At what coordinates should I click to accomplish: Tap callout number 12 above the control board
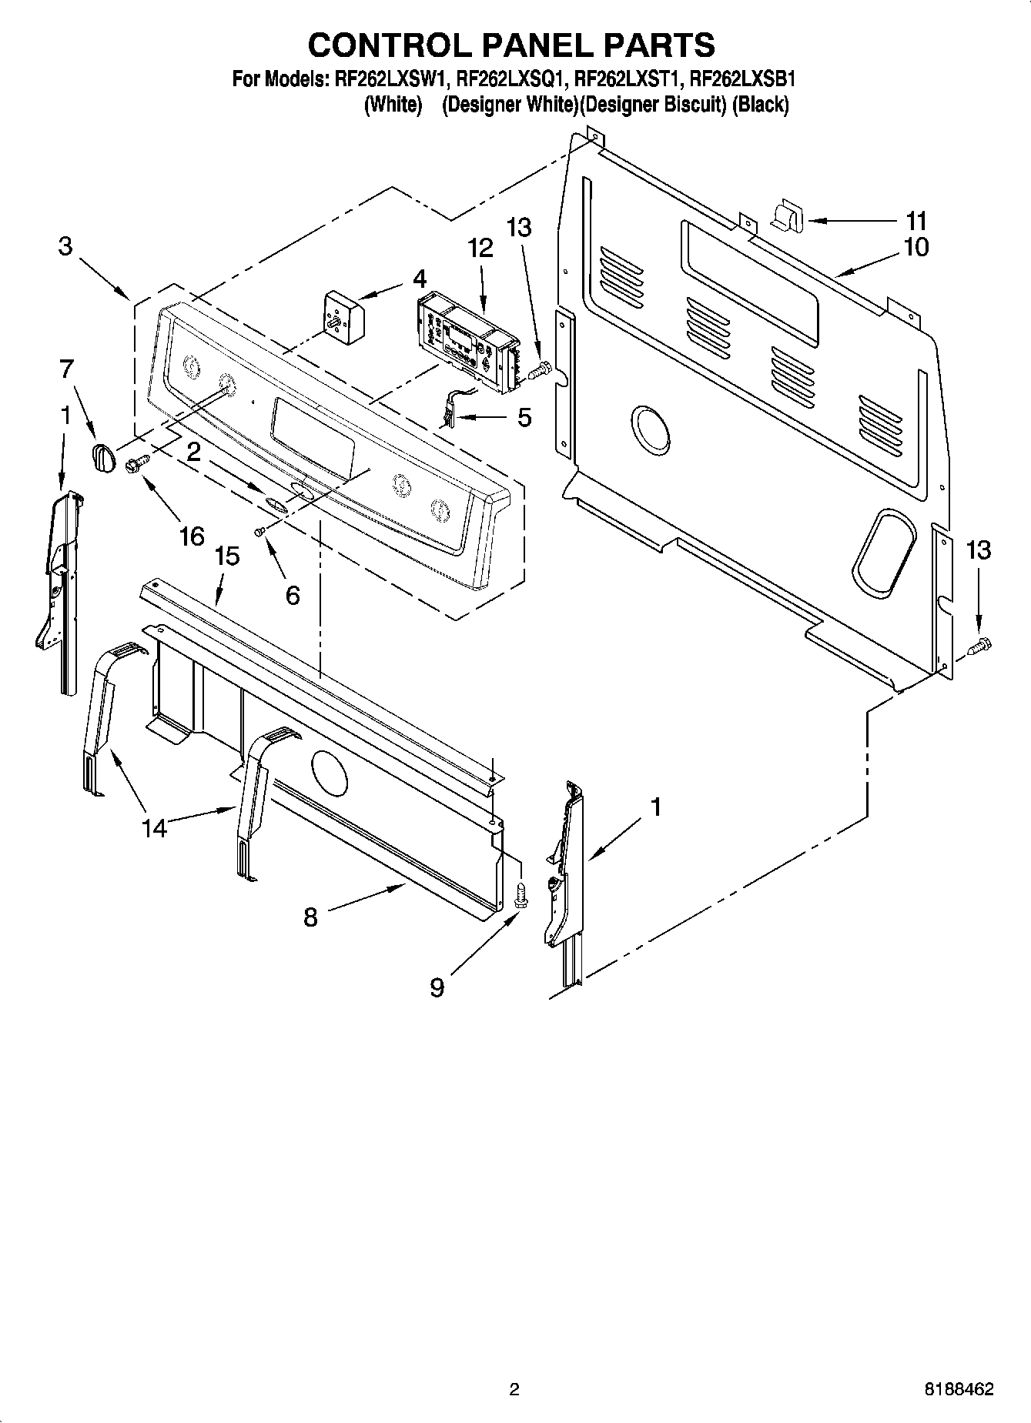[480, 248]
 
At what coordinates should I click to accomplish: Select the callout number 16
[192, 536]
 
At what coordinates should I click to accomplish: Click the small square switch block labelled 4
[343, 316]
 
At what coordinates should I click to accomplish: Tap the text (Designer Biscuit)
[653, 105]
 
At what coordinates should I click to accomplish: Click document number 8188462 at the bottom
[959, 1389]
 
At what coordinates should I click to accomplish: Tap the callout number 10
[916, 247]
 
